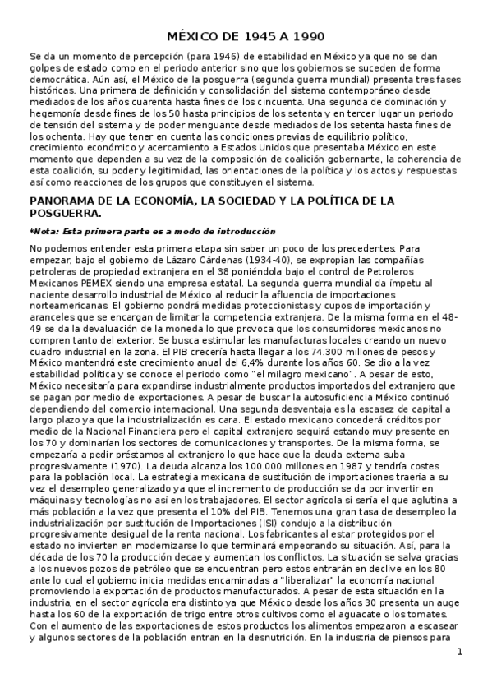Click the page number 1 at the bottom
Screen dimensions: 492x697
(x=460, y=653)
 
